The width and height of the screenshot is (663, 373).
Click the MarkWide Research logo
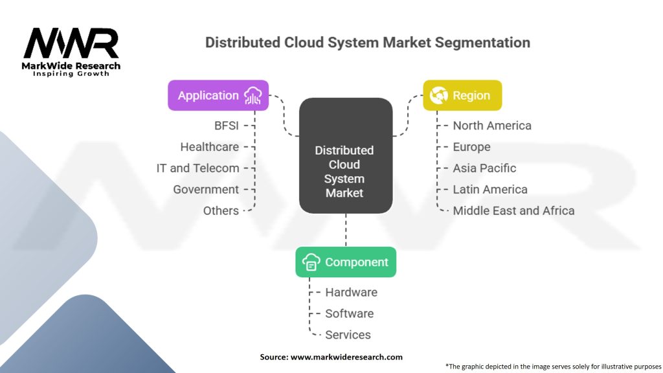click(71, 51)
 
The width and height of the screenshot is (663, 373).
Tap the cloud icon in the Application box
click(253, 96)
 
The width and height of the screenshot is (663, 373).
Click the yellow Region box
click(462, 95)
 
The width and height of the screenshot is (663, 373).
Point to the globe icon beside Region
click(438, 95)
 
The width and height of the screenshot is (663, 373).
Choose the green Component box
click(346, 262)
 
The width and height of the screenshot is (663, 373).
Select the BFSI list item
click(227, 126)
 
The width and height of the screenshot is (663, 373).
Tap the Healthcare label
click(210, 147)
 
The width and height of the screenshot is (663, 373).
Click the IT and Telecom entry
click(198, 168)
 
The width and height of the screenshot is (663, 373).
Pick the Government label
click(206, 190)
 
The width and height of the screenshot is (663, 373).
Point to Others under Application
click(221, 211)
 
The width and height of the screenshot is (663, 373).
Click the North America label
click(492, 126)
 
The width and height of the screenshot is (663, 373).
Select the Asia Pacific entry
click(484, 168)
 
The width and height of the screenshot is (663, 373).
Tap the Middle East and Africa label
click(513, 211)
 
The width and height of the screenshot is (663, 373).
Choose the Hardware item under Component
click(351, 293)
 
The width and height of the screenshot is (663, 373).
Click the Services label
click(348, 335)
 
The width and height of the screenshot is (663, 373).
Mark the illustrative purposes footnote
click(554, 367)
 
